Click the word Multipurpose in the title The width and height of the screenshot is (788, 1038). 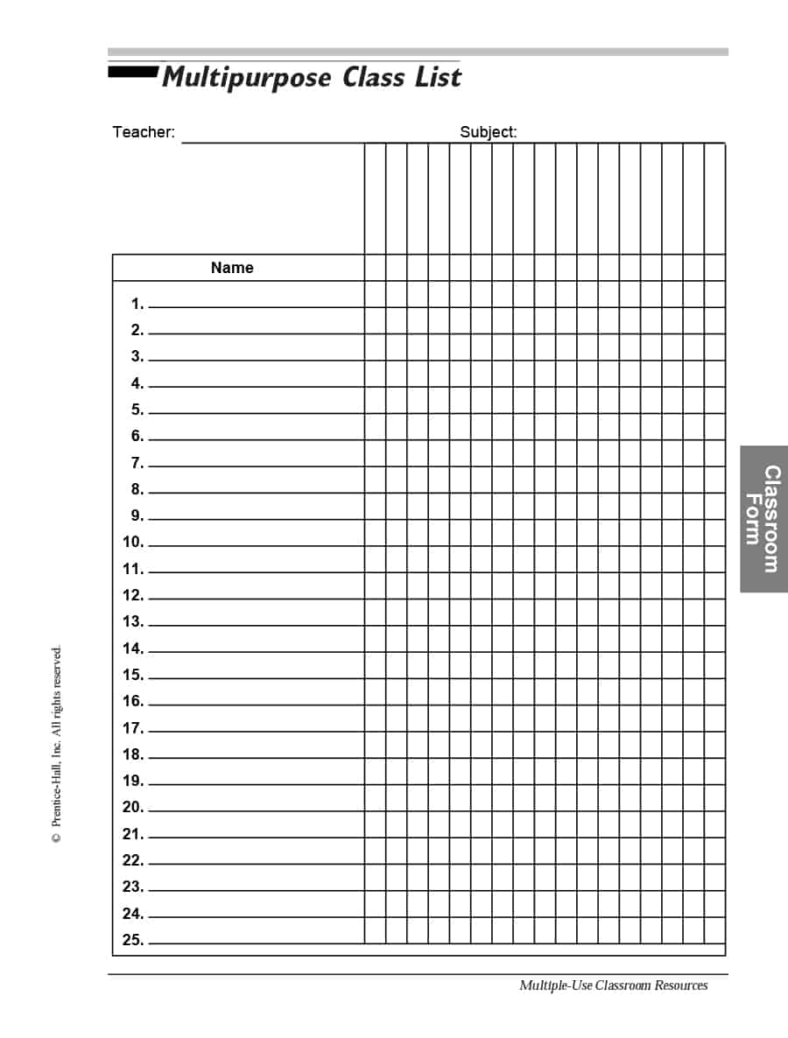(246, 78)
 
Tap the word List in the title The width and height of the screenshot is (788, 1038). (438, 77)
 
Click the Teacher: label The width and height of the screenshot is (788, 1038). (144, 132)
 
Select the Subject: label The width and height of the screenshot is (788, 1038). (489, 132)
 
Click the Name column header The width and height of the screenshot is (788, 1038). (232, 268)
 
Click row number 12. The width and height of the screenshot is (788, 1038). (133, 595)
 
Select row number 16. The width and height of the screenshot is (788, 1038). (133, 701)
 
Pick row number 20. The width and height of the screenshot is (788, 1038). (133, 807)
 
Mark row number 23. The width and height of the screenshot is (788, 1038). (133, 887)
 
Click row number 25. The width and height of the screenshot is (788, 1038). (133, 940)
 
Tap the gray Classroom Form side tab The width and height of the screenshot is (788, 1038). (763, 519)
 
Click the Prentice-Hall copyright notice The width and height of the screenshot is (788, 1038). (57, 744)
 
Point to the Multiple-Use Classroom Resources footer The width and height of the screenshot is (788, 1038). (613, 985)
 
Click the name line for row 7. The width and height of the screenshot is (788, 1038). (256, 466)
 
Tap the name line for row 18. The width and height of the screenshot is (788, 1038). (256, 757)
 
